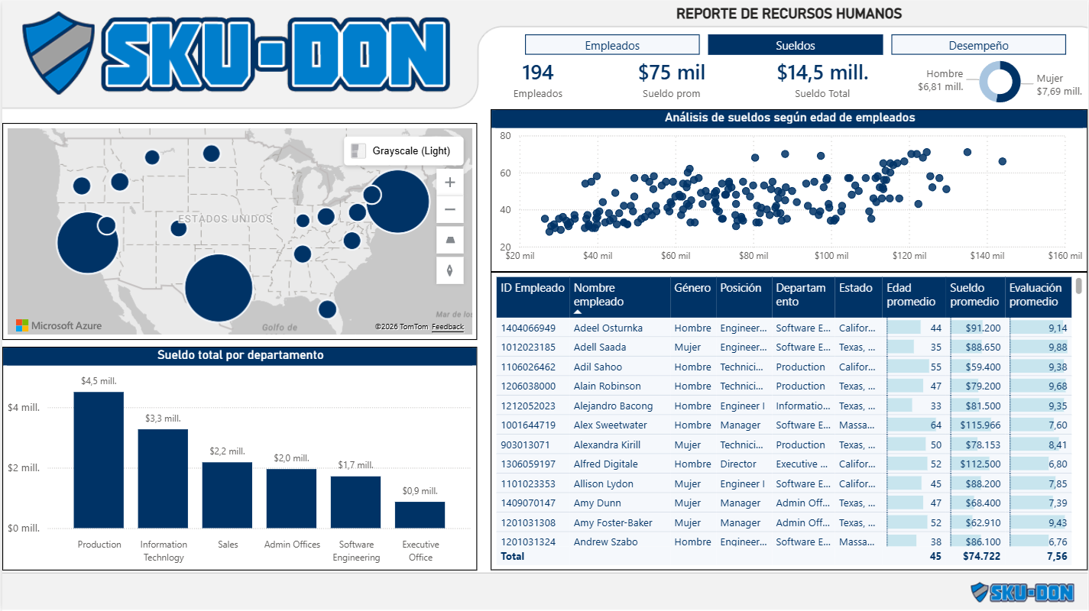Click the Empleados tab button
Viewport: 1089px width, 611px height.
click(x=612, y=45)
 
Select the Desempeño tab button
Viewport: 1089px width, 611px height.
click(x=978, y=45)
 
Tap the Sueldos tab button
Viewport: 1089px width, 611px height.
click(x=795, y=45)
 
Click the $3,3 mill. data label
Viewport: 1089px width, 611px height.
click(x=163, y=419)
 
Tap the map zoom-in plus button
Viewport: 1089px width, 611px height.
click(x=450, y=182)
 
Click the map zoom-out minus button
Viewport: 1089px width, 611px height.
click(x=450, y=209)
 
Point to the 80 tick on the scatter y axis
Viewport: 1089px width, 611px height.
click(x=505, y=136)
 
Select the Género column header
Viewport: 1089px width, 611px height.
click(x=692, y=288)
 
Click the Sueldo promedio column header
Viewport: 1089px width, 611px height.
click(x=974, y=295)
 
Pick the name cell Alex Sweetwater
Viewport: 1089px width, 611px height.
click(x=610, y=425)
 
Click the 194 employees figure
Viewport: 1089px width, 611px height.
click(x=537, y=73)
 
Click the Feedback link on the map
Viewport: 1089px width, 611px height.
click(x=448, y=327)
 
